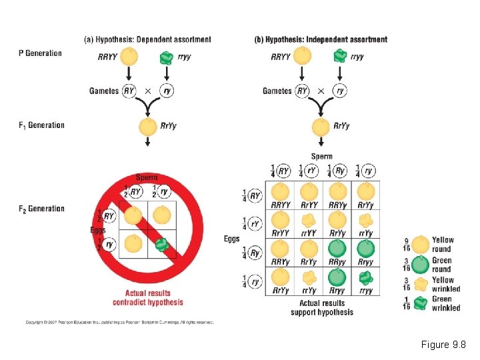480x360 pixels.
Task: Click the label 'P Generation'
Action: click(x=40, y=53)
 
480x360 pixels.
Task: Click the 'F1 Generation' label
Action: click(x=41, y=125)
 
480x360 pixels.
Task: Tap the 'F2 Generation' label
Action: click(x=41, y=209)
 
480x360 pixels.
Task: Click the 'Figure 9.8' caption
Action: click(x=443, y=345)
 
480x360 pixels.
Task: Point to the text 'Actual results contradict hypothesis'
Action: click(x=153, y=297)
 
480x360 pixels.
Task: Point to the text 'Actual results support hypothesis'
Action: click(x=322, y=308)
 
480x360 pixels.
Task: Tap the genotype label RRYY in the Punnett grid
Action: click(x=281, y=205)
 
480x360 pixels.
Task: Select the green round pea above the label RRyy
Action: click(x=338, y=249)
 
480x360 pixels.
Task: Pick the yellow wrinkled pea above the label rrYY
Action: click(x=309, y=220)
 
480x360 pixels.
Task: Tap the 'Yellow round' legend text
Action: click(x=443, y=245)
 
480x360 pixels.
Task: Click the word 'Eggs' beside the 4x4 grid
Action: click(x=232, y=238)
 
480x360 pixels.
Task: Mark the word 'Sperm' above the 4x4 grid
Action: click(x=322, y=157)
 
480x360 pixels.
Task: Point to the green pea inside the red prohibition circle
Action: click(x=161, y=245)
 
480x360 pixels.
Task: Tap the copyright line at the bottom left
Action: click(x=120, y=322)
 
